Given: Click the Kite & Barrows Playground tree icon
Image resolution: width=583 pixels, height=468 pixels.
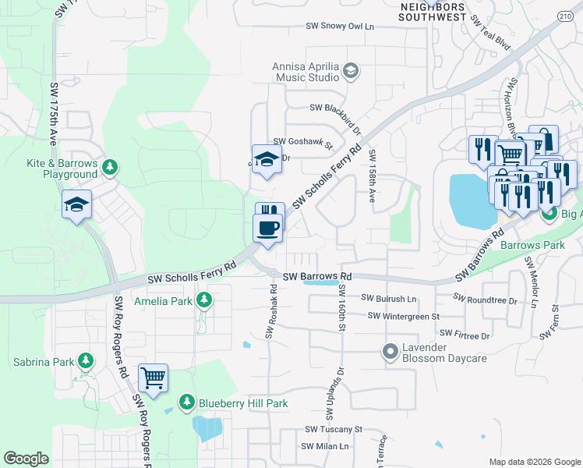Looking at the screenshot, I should click(110, 166).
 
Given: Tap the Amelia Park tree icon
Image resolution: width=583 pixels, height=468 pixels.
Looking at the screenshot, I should click(204, 300).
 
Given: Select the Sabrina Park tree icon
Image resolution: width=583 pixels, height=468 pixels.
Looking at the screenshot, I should click(85, 362).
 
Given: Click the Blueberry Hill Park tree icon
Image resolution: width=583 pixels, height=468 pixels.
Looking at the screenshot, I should click(186, 402).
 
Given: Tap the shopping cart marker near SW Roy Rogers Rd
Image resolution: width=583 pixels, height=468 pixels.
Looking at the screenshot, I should click(154, 378).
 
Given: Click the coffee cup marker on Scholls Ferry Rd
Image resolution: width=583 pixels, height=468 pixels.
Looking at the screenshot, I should click(269, 229).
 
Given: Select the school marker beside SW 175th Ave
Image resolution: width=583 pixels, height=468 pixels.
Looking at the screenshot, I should click(77, 205).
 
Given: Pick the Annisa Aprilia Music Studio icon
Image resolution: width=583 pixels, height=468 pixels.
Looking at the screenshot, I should click(351, 71).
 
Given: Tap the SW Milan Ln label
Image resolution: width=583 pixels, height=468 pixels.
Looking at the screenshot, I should click(325, 446).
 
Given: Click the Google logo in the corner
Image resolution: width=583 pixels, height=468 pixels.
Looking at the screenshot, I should click(26, 458).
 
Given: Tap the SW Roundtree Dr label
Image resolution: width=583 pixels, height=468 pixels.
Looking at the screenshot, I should click(486, 300).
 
